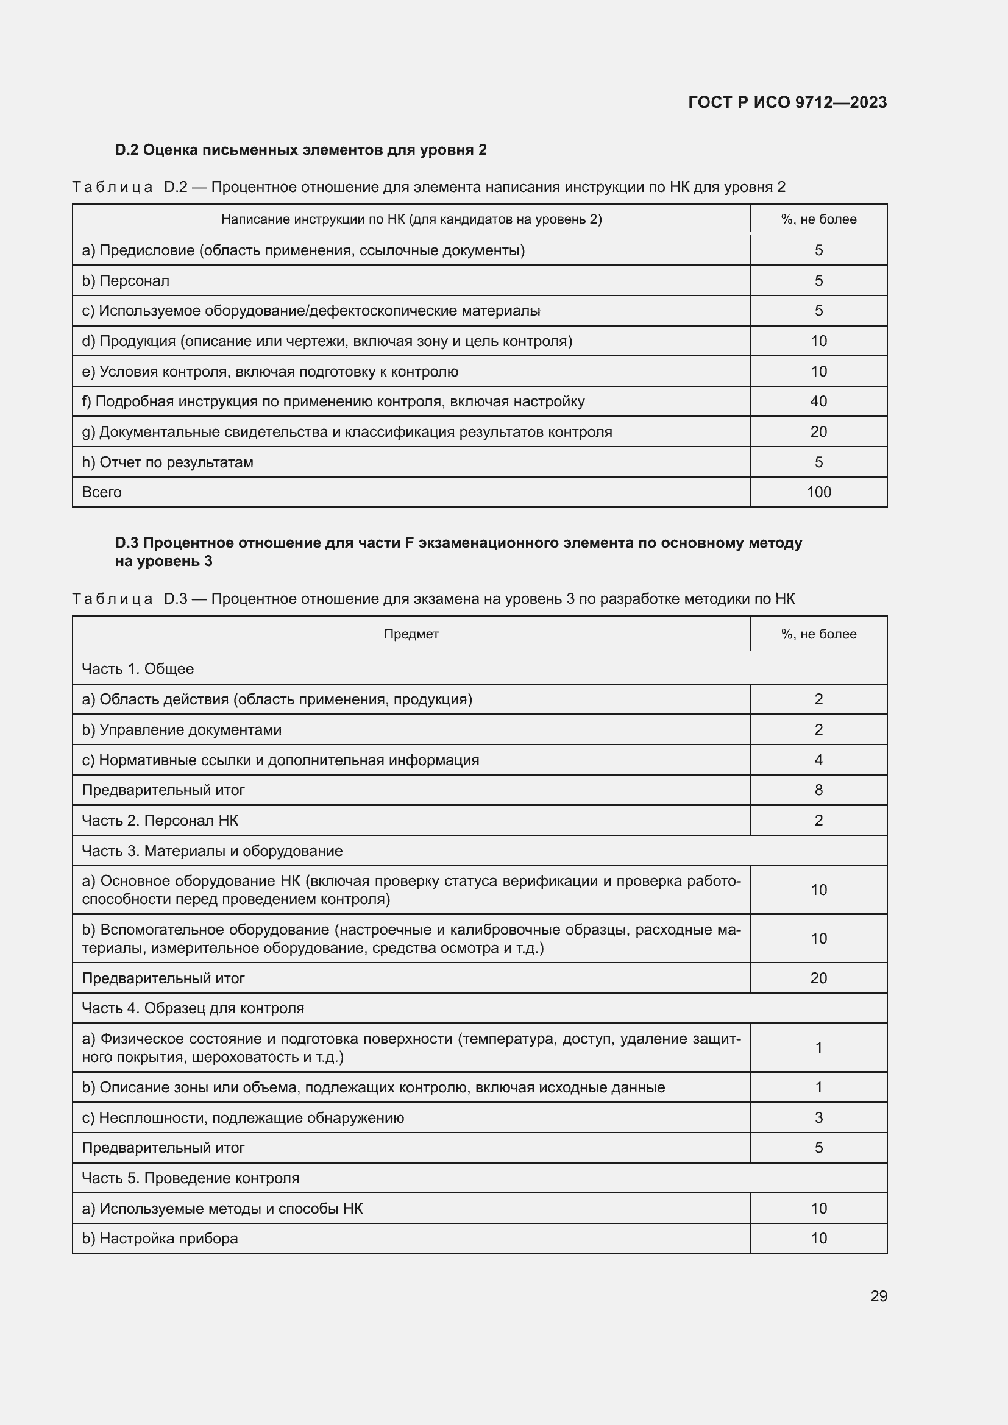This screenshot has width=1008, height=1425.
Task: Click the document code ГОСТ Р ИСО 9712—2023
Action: coord(787,102)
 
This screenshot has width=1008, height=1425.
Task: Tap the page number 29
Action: coord(878,1296)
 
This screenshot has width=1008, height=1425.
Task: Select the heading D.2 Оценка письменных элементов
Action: coord(300,150)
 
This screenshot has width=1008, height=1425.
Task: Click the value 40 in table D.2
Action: coord(818,401)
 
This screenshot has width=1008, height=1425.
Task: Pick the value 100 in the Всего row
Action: coord(818,492)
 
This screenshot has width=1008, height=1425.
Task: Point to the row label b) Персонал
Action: coord(126,280)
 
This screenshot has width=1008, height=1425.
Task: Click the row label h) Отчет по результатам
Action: coord(168,462)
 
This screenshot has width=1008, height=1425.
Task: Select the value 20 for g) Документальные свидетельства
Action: coord(818,432)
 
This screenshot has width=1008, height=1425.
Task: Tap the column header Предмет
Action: coord(411,634)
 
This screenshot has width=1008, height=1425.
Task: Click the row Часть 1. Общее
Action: coord(138,669)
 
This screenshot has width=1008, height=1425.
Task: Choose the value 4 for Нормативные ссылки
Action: coord(818,760)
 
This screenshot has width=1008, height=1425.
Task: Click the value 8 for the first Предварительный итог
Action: coord(818,790)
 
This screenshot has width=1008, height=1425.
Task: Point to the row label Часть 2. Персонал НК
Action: coord(160,821)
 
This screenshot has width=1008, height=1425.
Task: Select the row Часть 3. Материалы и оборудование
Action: coord(212,851)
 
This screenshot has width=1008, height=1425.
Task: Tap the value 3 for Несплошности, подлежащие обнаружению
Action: coord(818,1118)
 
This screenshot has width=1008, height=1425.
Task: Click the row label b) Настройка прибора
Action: coord(160,1238)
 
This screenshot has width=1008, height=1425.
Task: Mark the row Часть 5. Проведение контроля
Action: coord(191,1178)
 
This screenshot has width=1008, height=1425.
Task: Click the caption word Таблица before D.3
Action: coord(112,599)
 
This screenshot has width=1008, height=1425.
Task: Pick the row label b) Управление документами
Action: coord(182,730)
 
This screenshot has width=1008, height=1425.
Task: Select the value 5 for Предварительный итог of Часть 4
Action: coord(818,1148)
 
